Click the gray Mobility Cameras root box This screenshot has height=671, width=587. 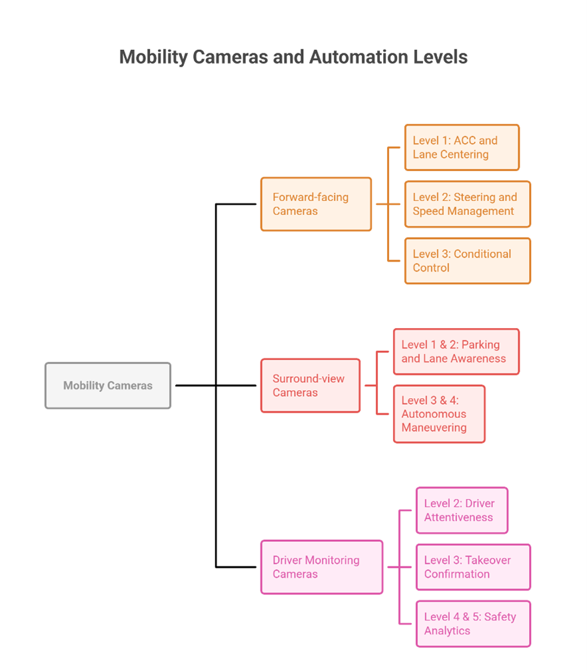pyautogui.click(x=108, y=385)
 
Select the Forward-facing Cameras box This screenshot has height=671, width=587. pyautogui.click(x=316, y=204)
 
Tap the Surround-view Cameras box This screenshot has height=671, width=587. pyautogui.click(x=310, y=385)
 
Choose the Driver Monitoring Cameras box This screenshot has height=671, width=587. pyautogui.click(x=321, y=567)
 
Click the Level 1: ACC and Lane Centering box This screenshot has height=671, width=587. pyautogui.click(x=462, y=148)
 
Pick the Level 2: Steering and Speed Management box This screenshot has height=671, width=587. pyautogui.click(x=467, y=204)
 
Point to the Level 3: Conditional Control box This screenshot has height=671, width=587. pyautogui.click(x=467, y=261)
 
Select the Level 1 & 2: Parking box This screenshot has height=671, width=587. pyautogui.click(x=456, y=351)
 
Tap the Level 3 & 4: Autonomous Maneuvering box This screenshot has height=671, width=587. pyautogui.click(x=439, y=414)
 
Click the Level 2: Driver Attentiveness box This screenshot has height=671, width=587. pyautogui.click(x=462, y=511)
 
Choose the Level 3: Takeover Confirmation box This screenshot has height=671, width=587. pyautogui.click(x=473, y=567)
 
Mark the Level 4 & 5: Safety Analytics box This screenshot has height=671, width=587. pyautogui.click(x=473, y=624)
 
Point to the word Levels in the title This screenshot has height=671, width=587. pyautogui.click(x=440, y=57)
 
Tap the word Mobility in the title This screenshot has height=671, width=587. pyautogui.click(x=154, y=57)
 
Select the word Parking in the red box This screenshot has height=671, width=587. pyautogui.click(x=480, y=345)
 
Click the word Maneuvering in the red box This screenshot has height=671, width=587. pyautogui.click(x=434, y=428)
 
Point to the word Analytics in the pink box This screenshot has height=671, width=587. pyautogui.click(x=447, y=631)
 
